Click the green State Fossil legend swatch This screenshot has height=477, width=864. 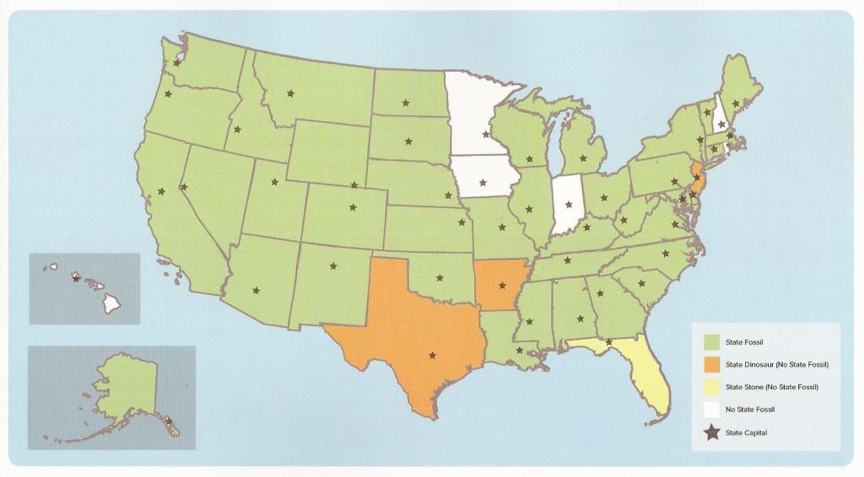[x=712, y=342]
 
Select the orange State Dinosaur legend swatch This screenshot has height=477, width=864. [x=712, y=364]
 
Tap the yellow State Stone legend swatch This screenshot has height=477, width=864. [x=712, y=387]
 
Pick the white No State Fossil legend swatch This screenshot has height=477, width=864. [x=712, y=409]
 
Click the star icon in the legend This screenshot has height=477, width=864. [x=712, y=431]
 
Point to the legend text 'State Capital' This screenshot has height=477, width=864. [x=746, y=431]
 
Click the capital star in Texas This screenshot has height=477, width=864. [x=433, y=355]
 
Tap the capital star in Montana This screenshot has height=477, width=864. [x=291, y=94]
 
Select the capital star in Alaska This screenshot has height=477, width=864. [x=168, y=421]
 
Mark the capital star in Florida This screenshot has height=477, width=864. [x=608, y=341]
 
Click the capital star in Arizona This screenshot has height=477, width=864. [x=256, y=290]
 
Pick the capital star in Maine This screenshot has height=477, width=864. [x=737, y=104]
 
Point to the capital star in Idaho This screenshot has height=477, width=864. [x=238, y=130]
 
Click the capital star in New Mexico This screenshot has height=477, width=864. [x=332, y=266]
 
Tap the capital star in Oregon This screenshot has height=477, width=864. [x=168, y=94]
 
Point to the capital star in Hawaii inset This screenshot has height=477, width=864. [x=76, y=277]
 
